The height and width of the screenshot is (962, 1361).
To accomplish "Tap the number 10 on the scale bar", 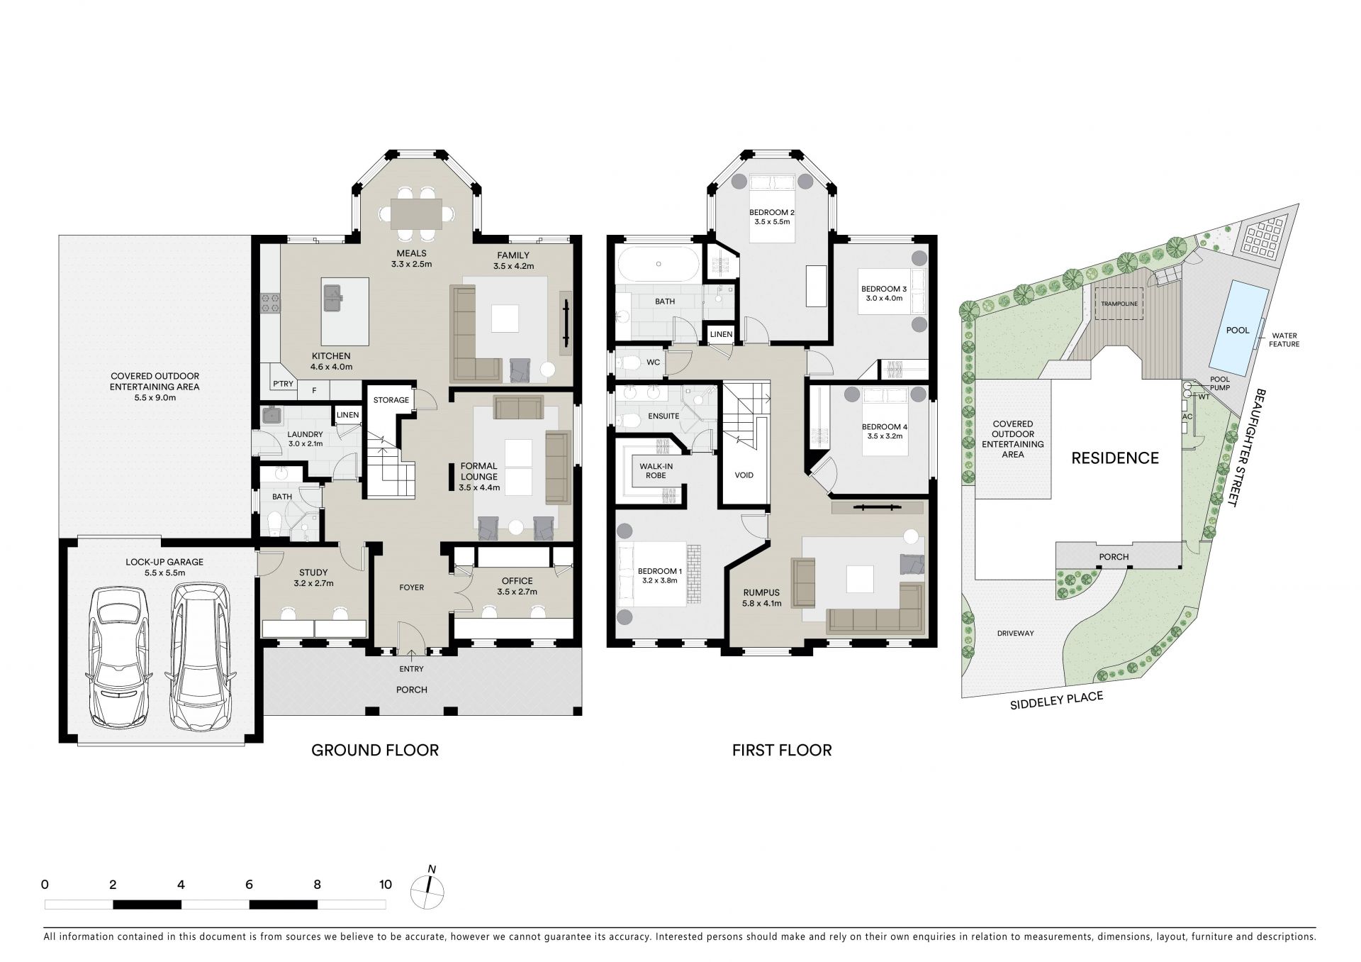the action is click(385, 884).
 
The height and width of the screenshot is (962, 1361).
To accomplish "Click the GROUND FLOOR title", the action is click(375, 749).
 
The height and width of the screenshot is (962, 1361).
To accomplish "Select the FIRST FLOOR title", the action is click(782, 749).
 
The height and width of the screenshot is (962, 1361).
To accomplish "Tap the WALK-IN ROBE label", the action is click(656, 470).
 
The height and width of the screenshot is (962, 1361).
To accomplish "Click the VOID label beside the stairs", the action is click(744, 475).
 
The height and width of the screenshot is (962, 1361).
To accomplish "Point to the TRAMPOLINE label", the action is click(1119, 304).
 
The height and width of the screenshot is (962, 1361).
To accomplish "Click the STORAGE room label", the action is click(391, 400).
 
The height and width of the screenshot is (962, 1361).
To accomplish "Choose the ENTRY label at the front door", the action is click(411, 669).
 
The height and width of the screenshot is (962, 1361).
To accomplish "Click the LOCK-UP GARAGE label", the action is click(164, 562).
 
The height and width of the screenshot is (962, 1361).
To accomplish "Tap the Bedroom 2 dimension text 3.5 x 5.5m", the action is click(773, 222).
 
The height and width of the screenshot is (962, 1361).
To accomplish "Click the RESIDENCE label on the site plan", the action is click(1114, 458).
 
